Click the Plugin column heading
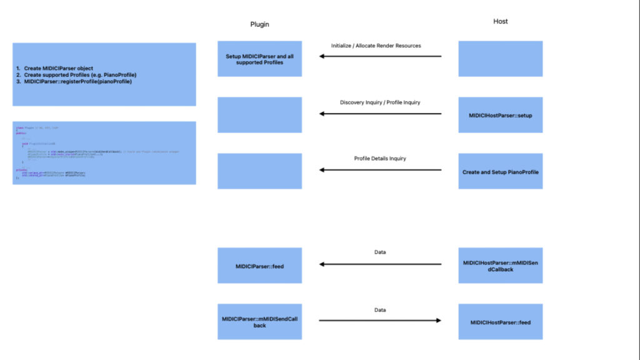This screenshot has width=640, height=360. pos(259,24)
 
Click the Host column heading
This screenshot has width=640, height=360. pos(500,21)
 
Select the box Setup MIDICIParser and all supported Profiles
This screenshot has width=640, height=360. pos(259,59)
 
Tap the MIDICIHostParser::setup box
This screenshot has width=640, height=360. pos(500,115)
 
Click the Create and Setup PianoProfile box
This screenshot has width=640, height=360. pos(500,171)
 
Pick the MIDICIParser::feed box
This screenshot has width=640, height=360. pos(259,266)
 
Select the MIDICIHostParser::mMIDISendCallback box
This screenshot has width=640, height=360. pos(500,266)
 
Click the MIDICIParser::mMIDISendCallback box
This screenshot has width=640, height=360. pos(259,322)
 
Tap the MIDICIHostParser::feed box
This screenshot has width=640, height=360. pos(500,322)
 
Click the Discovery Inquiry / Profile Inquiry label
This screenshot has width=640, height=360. pos(380,102)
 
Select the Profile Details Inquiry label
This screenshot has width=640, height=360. pos(380,158)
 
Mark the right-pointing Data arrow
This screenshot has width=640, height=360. pos(380,321)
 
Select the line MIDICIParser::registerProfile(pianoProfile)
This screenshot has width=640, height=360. pos(78,81)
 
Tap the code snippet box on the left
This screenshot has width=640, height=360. pos(104,152)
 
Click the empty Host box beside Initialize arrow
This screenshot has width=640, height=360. pos(500,59)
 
